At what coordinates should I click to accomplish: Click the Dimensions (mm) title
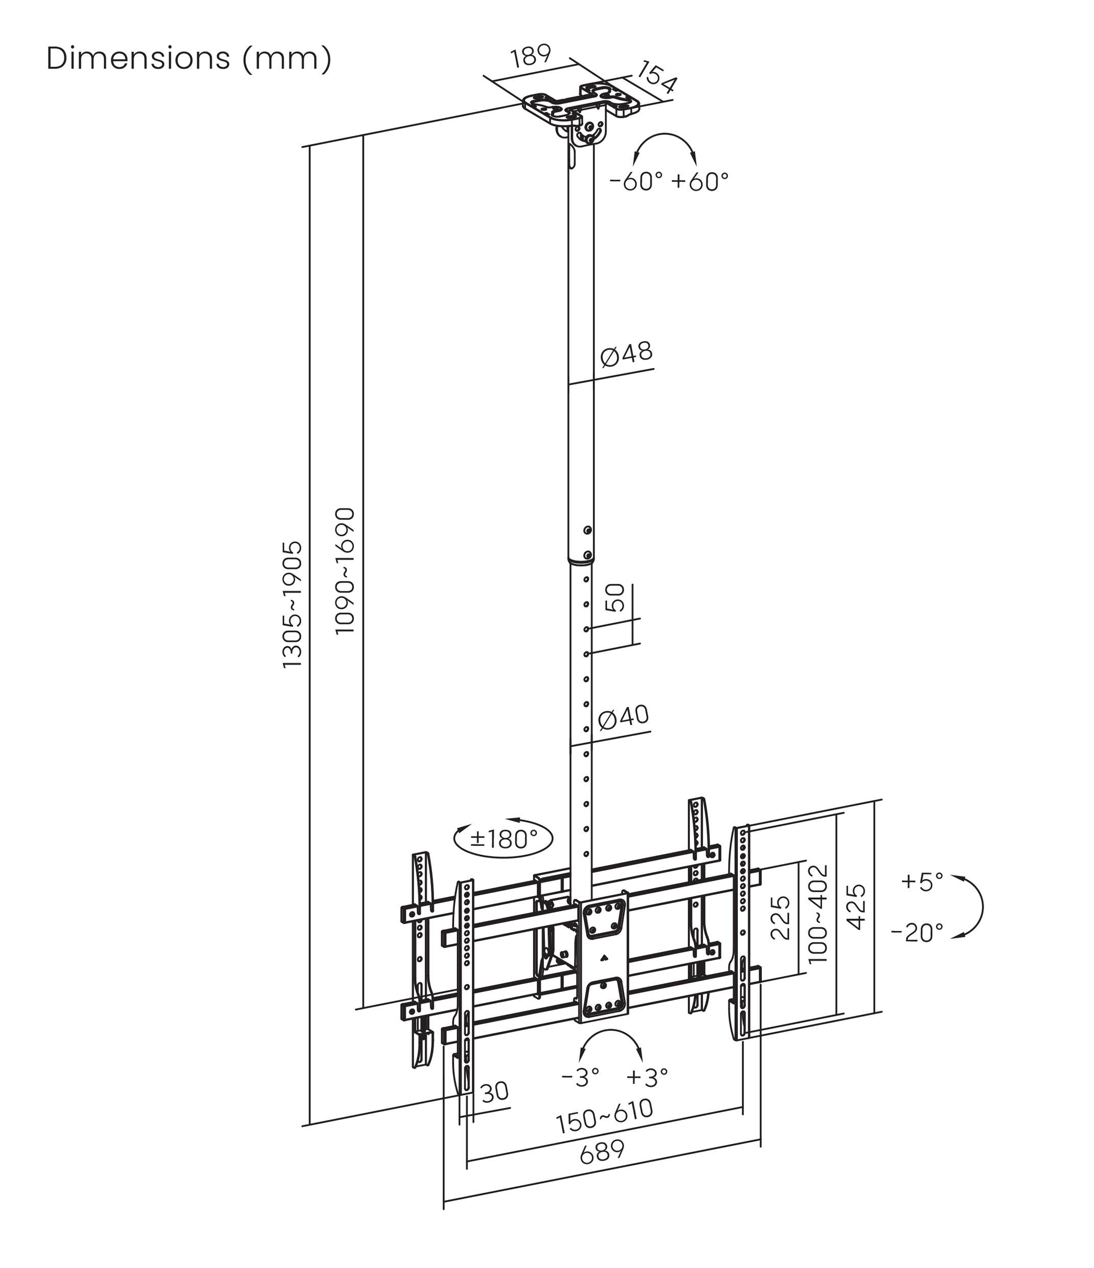[x=189, y=59]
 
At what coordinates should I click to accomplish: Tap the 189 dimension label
[x=531, y=56]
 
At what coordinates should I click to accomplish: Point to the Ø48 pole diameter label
[x=626, y=354]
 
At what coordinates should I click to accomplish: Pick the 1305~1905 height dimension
[x=292, y=604]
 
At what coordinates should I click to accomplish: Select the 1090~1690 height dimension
[x=345, y=571]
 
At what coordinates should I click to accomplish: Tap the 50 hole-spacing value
[x=615, y=598]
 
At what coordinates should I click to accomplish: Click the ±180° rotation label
[x=504, y=839]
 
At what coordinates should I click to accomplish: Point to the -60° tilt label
[x=636, y=182]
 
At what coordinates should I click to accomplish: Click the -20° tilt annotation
[x=917, y=933]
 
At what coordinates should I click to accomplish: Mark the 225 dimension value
[x=781, y=918]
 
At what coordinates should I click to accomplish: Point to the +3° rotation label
[x=647, y=1077]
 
